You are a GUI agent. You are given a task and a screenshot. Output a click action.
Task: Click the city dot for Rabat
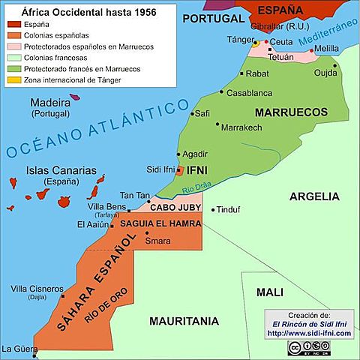(241, 73)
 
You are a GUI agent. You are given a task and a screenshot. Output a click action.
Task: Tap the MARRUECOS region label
(292, 112)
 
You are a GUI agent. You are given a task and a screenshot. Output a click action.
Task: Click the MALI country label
(269, 292)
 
